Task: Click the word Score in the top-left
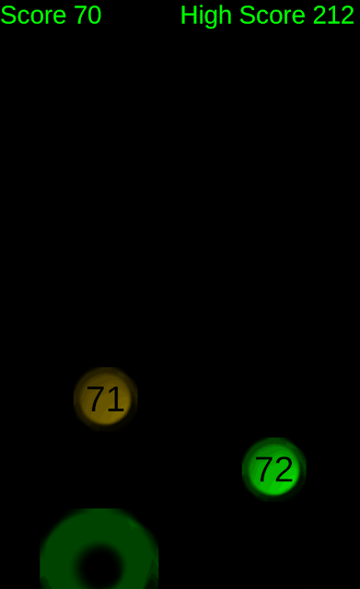point(33,15)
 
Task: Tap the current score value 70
point(88,15)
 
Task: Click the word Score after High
point(273,15)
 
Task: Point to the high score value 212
point(333,15)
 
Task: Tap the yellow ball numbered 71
point(106,398)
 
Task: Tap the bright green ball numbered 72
point(274,469)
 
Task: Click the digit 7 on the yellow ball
point(95,398)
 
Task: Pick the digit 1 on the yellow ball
point(116,398)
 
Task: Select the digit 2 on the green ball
point(284,468)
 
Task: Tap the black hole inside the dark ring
point(100,568)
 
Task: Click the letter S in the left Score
point(8,15)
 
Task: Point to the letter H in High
point(189,15)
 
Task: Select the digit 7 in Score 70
point(81,15)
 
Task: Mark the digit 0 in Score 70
point(95,15)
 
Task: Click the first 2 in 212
point(320,15)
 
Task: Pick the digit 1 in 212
point(333,15)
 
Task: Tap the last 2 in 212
point(347,15)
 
